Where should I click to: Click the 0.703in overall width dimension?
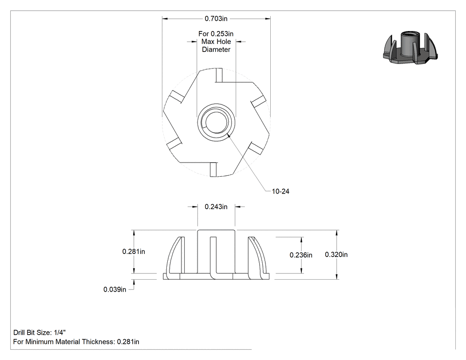216,19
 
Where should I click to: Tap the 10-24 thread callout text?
280,191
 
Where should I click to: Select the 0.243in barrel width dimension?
216,206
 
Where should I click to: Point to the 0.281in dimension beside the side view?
134,252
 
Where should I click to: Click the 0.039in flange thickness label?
115,289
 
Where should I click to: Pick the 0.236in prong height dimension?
301,255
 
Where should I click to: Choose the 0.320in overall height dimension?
336,254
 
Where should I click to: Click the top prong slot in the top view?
219,75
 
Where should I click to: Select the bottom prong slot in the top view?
213,170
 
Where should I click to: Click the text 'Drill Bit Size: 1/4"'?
39,332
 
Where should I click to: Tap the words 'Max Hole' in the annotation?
216,42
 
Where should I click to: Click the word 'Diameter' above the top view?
216,50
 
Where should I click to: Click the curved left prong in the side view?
174,257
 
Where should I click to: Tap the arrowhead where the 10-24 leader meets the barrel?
228,135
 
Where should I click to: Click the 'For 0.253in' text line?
216,34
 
